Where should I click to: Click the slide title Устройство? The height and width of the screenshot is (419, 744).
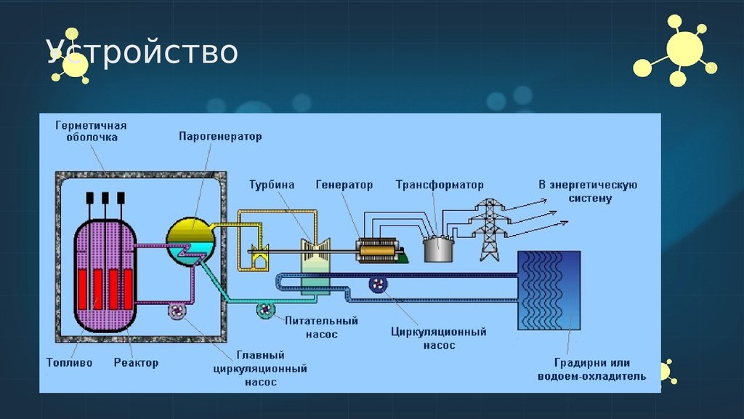(143, 52)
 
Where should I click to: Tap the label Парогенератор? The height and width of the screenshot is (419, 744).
(220, 136)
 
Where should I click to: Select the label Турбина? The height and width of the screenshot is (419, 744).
(271, 185)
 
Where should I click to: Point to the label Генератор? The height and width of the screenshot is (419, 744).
(344, 185)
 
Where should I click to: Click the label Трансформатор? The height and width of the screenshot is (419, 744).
(440, 185)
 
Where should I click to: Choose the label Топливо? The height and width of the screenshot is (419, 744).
(69, 362)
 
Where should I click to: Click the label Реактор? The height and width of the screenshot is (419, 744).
(136, 362)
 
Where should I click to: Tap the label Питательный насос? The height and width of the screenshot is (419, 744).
(311, 327)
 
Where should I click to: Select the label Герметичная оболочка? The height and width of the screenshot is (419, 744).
(91, 131)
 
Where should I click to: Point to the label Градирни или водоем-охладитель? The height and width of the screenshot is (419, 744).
(591, 369)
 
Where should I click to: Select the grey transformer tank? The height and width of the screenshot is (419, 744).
(439, 248)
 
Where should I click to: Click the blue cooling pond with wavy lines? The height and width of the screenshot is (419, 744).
(548, 290)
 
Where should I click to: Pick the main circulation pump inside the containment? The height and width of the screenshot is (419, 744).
(178, 311)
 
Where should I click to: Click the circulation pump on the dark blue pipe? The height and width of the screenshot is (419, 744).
(379, 284)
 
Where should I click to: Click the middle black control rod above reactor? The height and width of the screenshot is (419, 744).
(105, 198)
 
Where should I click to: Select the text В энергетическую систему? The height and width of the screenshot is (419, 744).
(588, 191)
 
